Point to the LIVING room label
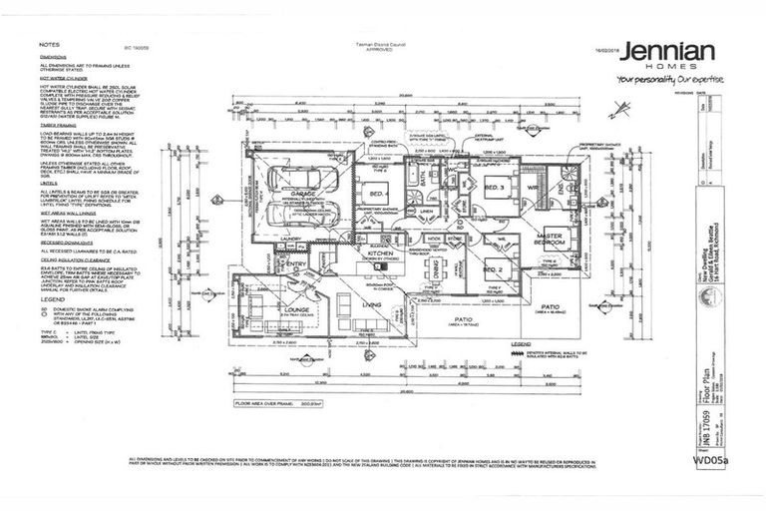[371, 303]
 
